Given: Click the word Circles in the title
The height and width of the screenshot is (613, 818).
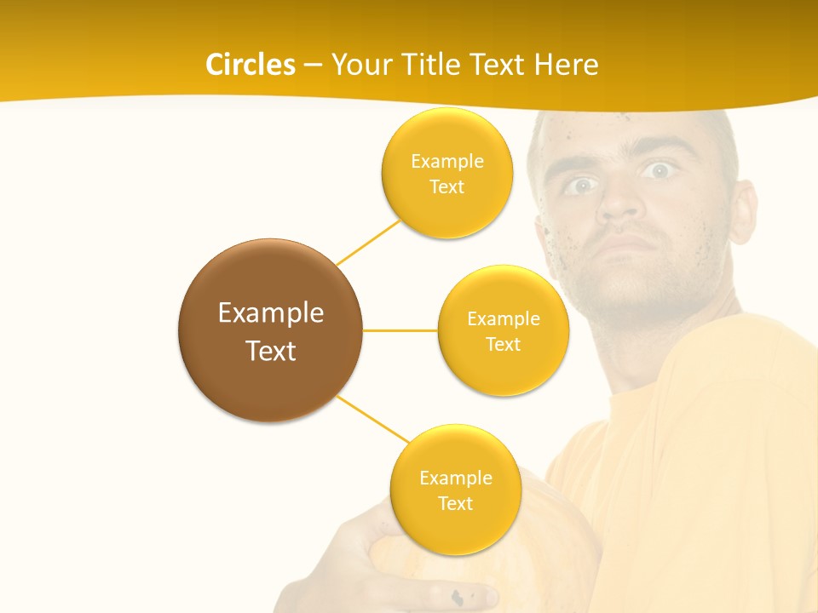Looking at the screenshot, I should [250, 65].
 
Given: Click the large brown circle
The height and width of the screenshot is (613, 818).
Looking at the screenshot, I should [271, 330].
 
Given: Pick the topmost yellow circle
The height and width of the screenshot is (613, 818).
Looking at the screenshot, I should [447, 174].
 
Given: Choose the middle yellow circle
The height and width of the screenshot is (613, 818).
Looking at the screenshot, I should [504, 330].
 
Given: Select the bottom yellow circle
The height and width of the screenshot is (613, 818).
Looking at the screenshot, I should [455, 490].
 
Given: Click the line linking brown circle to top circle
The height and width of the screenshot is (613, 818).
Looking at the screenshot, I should [368, 241].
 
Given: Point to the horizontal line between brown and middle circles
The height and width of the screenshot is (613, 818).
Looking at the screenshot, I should [400, 330].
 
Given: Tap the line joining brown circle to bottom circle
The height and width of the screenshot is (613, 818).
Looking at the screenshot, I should [373, 420].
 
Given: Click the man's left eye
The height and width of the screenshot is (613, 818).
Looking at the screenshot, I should [658, 170].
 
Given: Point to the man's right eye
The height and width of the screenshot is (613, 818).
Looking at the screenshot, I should [580, 185].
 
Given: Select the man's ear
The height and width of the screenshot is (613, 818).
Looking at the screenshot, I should [743, 209].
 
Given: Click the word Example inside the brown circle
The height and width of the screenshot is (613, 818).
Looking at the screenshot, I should [271, 312].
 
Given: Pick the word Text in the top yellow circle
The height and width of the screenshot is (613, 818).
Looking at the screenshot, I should [447, 186].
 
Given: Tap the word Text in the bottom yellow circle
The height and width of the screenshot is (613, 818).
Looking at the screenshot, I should [455, 503].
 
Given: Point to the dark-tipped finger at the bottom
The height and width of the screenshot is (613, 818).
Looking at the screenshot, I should [464, 597].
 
